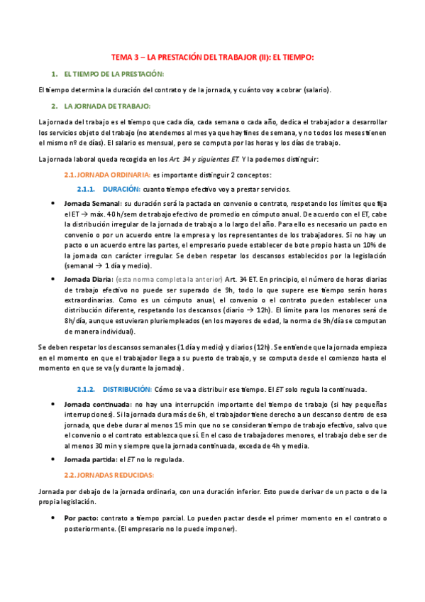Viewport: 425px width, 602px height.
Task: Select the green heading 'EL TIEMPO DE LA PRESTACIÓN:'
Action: pos(113,74)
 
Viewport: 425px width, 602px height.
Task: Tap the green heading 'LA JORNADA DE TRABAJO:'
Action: pos(106,106)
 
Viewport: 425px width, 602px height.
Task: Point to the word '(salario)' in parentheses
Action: pos(316,90)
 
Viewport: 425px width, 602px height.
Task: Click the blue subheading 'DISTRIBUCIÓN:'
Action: pos(127,389)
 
